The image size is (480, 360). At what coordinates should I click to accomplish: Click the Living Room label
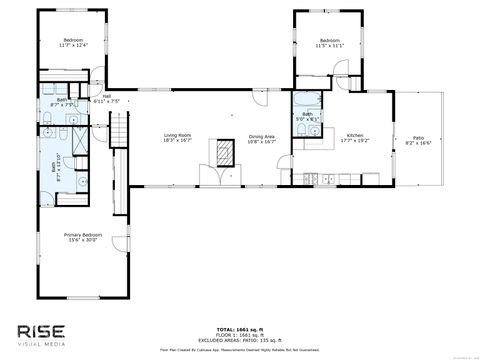click(x=177, y=135)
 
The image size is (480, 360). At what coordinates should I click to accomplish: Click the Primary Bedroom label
click(x=85, y=234)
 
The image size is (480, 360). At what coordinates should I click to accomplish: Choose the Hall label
click(x=106, y=96)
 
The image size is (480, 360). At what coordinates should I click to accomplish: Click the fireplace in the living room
click(x=218, y=152)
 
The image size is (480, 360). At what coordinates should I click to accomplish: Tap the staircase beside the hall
click(x=121, y=129)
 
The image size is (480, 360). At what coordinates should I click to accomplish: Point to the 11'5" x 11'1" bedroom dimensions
click(x=330, y=46)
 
